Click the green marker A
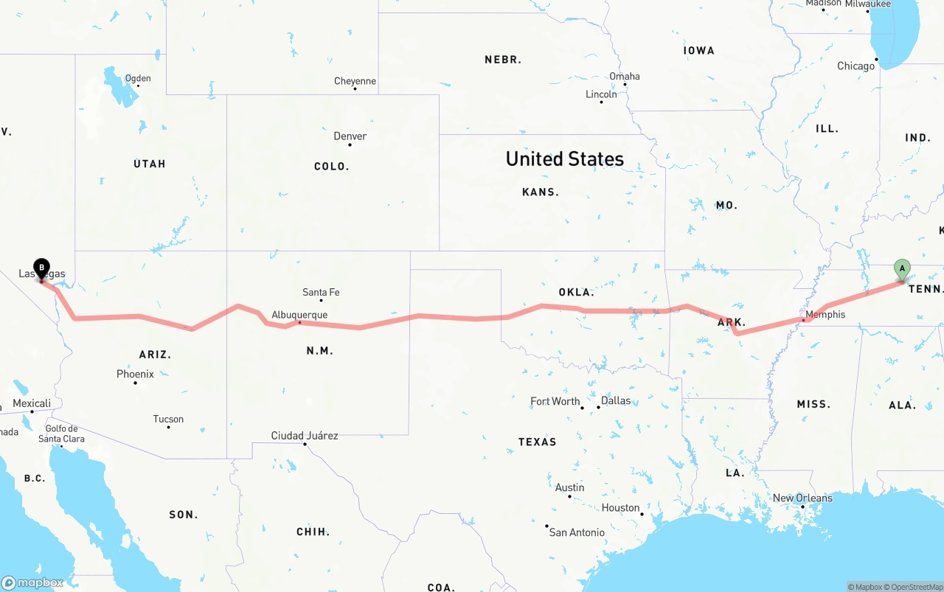tap(901, 269)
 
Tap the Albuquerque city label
tap(299, 315)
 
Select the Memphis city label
tap(825, 315)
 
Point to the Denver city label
tap(350, 136)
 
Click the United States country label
tap(564, 159)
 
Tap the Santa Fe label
tap(321, 293)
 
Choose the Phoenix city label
tap(135, 375)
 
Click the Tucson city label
tap(168, 419)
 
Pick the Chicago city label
tap(855, 66)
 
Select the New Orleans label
tap(802, 498)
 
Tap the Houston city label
tap(620, 508)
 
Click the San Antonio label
tap(577, 532)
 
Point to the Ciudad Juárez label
tap(305, 436)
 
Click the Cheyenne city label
tap(355, 81)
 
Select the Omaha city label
tap(624, 77)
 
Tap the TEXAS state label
tap(537, 442)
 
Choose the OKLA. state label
tap(576, 293)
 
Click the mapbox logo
tap(32, 582)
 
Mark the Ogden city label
tap(138, 78)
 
